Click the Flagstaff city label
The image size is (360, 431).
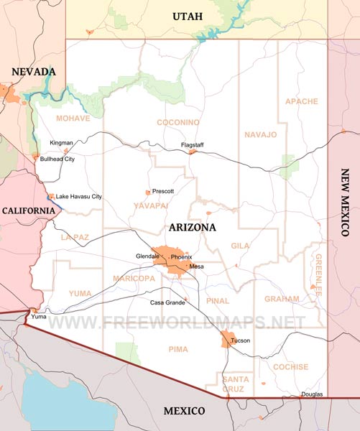(192, 145)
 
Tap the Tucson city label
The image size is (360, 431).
(241, 340)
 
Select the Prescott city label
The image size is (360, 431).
(163, 192)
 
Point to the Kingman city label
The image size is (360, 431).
(61, 143)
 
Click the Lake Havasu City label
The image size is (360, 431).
(79, 196)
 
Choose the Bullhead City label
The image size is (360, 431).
(57, 159)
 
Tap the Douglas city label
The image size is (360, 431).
(312, 394)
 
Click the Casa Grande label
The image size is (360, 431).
(167, 302)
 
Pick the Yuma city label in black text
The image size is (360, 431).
(37, 315)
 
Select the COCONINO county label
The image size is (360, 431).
(177, 123)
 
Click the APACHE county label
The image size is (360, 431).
(301, 101)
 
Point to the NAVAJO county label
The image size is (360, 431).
(260, 134)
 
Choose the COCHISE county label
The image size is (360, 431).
(290, 366)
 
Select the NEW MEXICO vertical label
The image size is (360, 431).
(345, 203)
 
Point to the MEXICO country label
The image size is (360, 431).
(184, 411)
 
